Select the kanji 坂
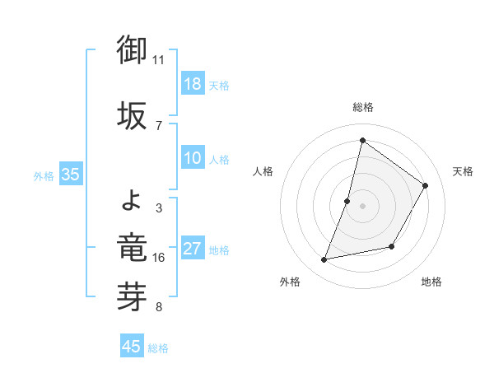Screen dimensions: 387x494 pos(132,114)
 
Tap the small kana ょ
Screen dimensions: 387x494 pos(132,198)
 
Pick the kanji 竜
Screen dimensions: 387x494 pos(132,246)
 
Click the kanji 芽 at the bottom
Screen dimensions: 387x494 pos(132,297)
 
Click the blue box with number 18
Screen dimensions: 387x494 pos(193,84)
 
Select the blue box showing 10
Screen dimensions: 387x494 pos(193,159)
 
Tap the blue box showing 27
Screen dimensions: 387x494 pos(193,249)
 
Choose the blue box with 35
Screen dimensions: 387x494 pos(71,175)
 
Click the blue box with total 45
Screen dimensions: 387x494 pos(132,347)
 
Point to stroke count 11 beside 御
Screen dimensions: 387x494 pos(159,60)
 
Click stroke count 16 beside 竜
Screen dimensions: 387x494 pos(159,258)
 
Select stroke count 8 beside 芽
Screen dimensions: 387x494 pos(159,308)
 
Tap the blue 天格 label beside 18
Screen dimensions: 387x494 pos(219,85)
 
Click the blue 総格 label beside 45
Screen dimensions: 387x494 pos(158,348)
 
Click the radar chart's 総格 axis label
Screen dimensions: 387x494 pos(362,107)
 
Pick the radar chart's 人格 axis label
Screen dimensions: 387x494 pos(263,171)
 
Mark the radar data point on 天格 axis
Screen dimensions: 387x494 pos(426,186)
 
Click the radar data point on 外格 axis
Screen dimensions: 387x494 pos(324,260)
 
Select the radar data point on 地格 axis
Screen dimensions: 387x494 pos(392,246)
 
